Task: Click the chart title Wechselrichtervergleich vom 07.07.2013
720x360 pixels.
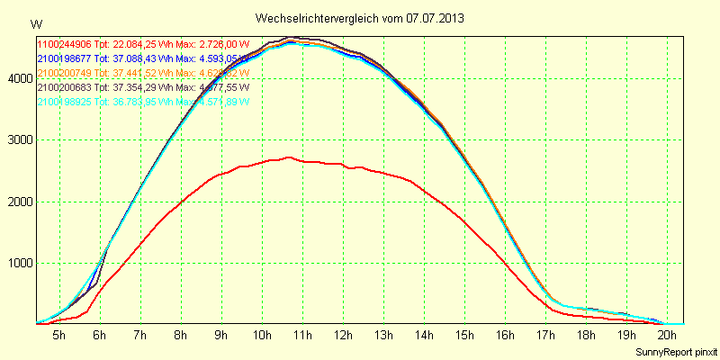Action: tap(360, 18)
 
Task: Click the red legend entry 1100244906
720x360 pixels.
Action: tap(64, 44)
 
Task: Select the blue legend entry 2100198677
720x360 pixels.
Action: tap(64, 58)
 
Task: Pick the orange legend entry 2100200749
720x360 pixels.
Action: tap(64, 73)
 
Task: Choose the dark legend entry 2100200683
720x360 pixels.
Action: tap(64, 87)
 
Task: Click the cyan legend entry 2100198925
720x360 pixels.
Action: tap(64, 102)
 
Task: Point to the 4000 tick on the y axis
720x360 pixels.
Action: tap(18, 78)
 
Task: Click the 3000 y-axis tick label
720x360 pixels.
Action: tap(18, 140)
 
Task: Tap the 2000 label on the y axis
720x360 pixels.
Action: tap(18, 202)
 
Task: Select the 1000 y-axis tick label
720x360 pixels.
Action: tap(18, 264)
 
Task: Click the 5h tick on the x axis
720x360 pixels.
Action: tap(58, 335)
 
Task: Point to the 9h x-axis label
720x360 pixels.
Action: tap(221, 335)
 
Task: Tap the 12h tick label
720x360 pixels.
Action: tap(343, 335)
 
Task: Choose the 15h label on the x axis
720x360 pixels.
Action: tap(464, 335)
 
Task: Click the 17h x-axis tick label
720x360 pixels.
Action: tap(545, 335)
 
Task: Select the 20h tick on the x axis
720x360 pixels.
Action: tap(667, 335)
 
